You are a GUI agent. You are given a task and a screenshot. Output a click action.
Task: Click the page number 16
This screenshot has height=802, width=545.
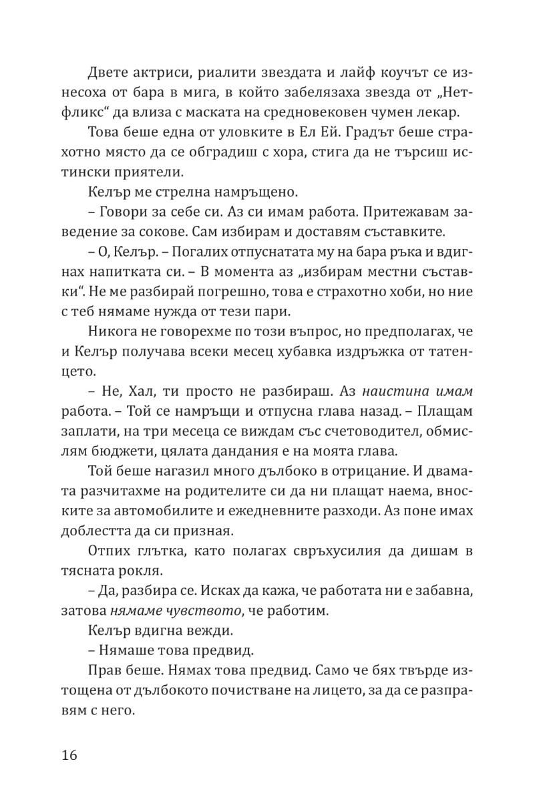(69, 756)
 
